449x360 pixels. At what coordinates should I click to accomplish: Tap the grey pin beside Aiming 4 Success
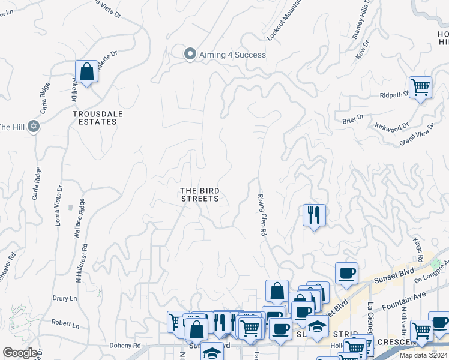[x=190, y=54]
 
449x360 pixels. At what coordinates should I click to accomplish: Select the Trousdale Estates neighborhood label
[x=94, y=118]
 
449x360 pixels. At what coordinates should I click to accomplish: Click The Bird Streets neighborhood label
[x=200, y=195]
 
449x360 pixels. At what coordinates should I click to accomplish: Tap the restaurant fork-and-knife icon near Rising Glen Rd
[x=314, y=215]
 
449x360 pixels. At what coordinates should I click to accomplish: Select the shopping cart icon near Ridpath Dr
[x=420, y=87]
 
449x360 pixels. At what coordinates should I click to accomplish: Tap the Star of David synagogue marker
[x=34, y=127]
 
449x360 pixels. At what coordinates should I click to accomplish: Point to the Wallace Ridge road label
[x=77, y=219]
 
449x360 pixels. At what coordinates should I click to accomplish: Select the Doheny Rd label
[x=125, y=346]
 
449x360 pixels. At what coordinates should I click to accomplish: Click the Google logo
[x=20, y=353]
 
